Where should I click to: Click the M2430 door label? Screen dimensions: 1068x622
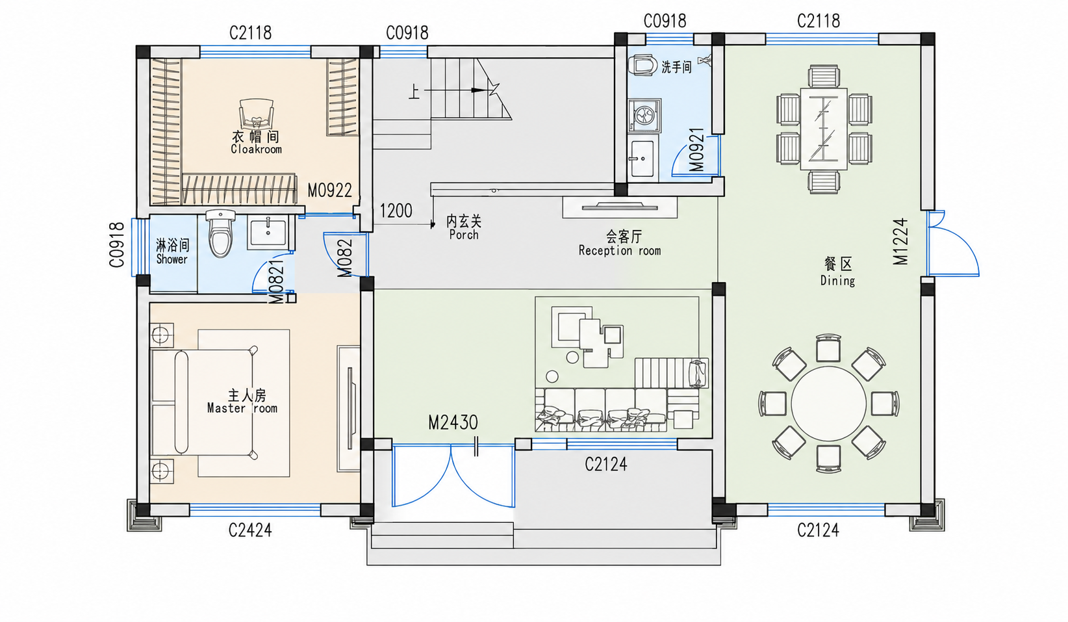tap(453, 422)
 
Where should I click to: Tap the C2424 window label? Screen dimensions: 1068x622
tap(250, 530)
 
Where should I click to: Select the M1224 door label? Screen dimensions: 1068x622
tap(900, 241)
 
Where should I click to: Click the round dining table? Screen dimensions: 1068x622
tap(829, 404)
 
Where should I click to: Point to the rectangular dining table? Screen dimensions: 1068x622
tap(824, 129)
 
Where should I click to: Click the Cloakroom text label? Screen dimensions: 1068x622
tap(256, 149)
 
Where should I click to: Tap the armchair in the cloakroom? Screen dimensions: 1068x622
tap(257, 114)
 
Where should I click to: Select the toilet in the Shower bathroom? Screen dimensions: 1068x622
tap(221, 233)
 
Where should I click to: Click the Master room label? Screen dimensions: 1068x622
tap(242, 408)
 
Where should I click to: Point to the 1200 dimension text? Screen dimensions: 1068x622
tap(396, 211)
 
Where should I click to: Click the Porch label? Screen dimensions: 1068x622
tap(464, 235)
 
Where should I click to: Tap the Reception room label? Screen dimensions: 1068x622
tap(620, 250)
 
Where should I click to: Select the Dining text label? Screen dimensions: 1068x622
tap(837, 281)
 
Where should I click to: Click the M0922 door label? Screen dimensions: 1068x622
tap(329, 191)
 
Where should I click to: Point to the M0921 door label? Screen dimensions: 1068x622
tap(696, 149)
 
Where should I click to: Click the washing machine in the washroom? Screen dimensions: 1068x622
tap(644, 116)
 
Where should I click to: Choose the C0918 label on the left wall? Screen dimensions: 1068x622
tap(117, 244)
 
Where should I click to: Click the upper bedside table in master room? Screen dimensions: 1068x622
tap(161, 335)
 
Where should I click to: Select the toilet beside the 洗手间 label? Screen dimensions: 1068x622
tap(642, 66)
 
